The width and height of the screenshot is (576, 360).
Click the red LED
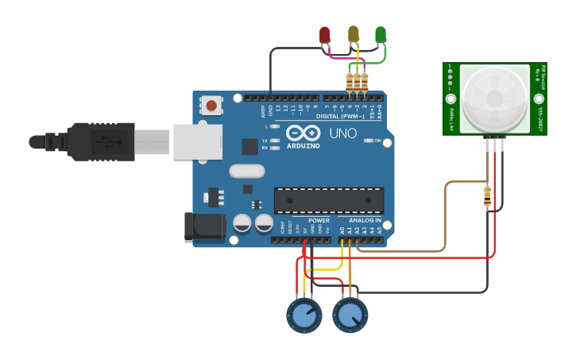324,35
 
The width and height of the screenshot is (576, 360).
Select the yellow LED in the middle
354,33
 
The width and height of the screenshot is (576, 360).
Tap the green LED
381,34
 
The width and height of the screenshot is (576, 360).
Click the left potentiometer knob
303,315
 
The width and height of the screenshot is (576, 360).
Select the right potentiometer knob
350,315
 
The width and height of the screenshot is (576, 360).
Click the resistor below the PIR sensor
487,196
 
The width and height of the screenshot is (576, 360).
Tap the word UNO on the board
342,133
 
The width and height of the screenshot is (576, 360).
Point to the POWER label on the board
319,220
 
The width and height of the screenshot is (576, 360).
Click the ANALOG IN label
365,220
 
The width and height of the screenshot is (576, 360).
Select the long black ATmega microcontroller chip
329,199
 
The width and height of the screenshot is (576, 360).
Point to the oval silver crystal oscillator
246,170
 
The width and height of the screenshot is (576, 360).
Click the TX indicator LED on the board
274,141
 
